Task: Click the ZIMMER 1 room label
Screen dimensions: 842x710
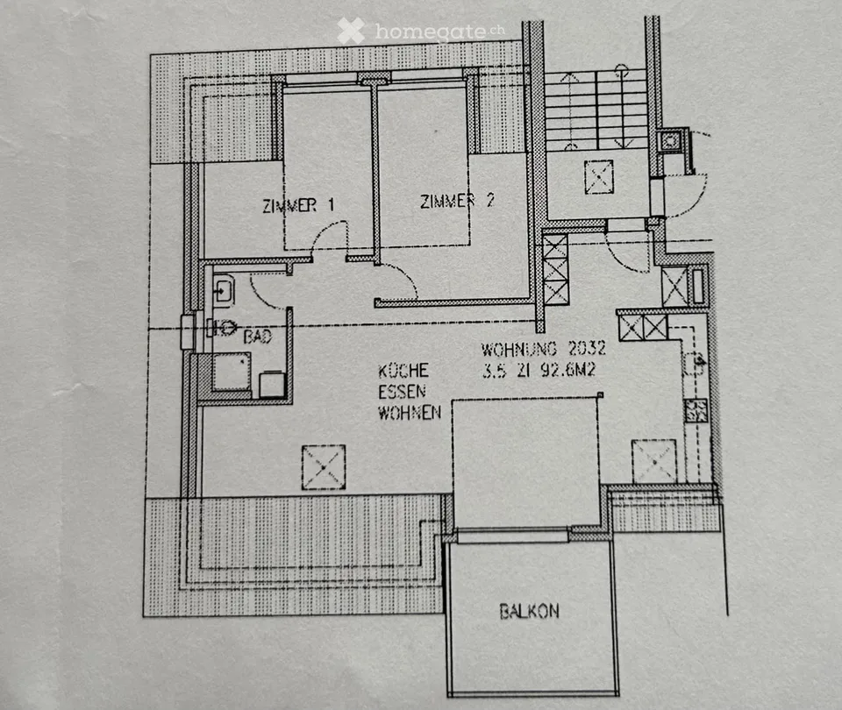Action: click(x=298, y=205)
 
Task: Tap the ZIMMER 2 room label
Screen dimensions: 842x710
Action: click(x=457, y=201)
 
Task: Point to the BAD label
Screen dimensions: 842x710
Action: click(x=258, y=337)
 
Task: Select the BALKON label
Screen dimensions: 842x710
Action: click(x=530, y=611)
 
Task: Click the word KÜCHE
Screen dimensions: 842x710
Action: click(x=403, y=371)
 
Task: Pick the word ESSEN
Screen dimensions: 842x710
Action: click(x=403, y=392)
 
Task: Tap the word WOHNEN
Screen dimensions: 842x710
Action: click(x=410, y=413)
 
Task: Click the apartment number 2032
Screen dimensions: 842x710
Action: click(x=588, y=348)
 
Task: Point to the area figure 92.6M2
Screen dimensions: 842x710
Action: click(x=568, y=370)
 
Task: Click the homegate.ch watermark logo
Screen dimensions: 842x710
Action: click(x=421, y=31)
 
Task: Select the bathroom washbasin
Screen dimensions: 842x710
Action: click(x=224, y=290)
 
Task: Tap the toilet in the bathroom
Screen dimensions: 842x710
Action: click(x=222, y=327)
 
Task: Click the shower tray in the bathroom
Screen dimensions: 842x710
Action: click(x=232, y=372)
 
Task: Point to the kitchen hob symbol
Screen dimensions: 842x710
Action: click(x=696, y=410)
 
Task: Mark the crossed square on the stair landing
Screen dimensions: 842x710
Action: click(x=599, y=176)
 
